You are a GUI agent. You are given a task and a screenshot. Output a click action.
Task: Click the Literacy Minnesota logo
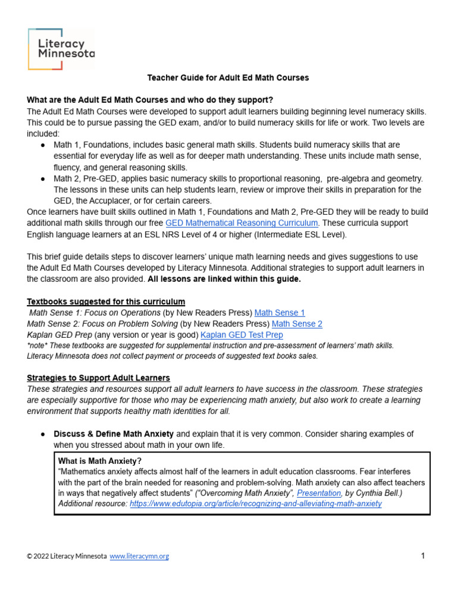point(61,48)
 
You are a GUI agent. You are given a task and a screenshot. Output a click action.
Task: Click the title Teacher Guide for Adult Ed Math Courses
point(228,78)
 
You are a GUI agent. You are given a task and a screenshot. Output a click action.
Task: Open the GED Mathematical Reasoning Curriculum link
point(242,222)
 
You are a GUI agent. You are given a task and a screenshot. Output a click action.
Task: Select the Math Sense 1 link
point(279,312)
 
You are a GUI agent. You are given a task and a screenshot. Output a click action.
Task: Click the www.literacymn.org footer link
point(139,556)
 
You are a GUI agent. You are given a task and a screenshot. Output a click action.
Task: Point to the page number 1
point(422,556)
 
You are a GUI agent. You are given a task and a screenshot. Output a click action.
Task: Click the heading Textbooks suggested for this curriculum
point(106,302)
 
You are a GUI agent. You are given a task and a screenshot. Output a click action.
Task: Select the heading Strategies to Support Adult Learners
point(98,378)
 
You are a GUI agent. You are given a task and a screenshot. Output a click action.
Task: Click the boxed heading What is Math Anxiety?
point(99,461)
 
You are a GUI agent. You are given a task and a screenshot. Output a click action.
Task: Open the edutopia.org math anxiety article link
point(255,503)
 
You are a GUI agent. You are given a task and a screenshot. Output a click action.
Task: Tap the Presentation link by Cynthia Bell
point(319,493)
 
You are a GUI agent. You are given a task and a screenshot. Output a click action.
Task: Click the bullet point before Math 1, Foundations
point(43,145)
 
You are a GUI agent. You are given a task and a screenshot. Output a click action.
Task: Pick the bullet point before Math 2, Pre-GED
point(43,179)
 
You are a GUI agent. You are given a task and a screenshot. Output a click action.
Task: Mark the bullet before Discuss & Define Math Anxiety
point(43,434)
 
